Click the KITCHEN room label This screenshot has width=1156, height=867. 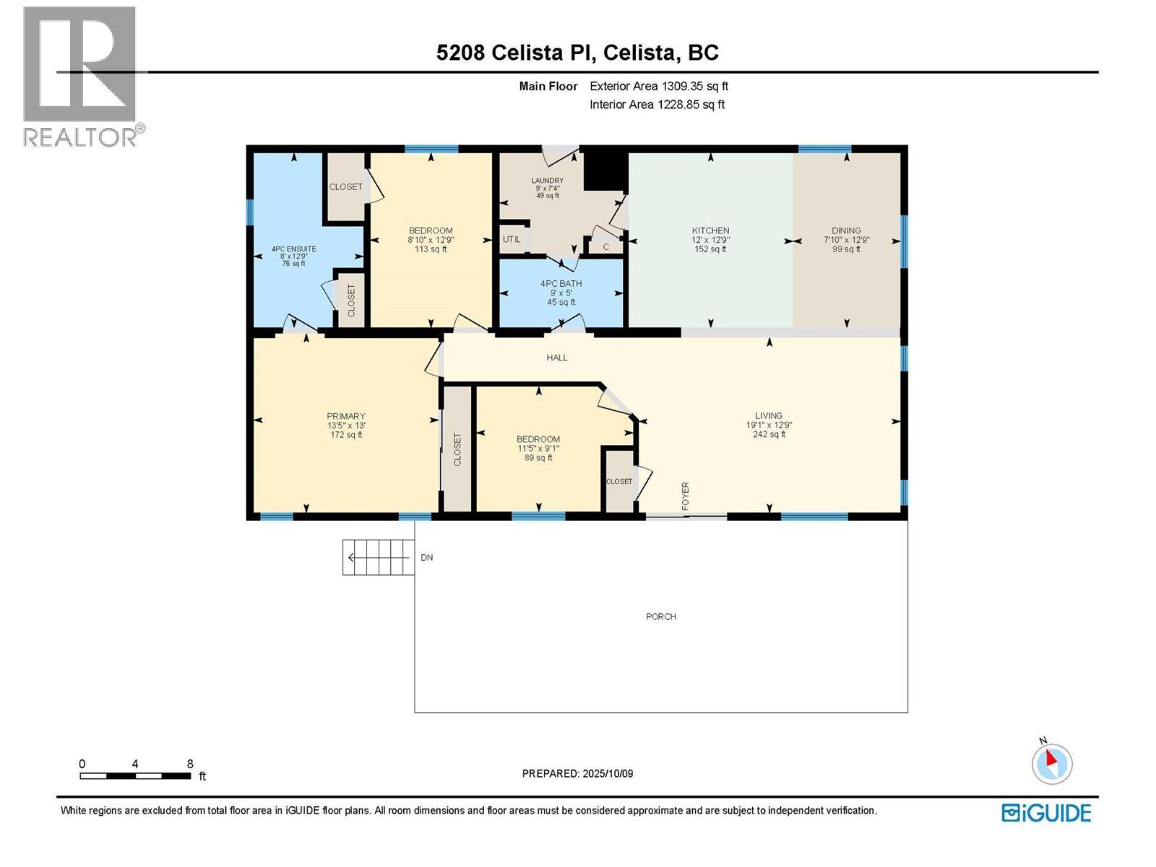point(710,231)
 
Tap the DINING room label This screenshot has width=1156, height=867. point(846,231)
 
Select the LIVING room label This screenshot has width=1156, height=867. point(769,415)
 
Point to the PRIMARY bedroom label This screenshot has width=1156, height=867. point(346,416)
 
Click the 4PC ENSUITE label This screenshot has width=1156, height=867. point(293,249)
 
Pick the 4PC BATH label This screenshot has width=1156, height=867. point(561,284)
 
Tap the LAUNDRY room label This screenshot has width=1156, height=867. point(547,181)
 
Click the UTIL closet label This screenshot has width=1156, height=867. point(512,239)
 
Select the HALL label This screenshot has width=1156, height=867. point(557,358)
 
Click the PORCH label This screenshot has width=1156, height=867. point(661,616)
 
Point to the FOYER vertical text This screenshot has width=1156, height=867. point(686,496)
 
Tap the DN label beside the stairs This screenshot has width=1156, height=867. point(427,558)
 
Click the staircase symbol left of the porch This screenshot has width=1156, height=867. point(378,557)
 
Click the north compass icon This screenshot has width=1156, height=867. point(1051,764)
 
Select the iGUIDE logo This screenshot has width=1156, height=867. point(1046,813)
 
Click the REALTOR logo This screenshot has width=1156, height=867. point(80,76)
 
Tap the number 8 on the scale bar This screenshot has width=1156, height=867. point(190,764)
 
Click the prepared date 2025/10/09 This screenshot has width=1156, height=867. point(607,773)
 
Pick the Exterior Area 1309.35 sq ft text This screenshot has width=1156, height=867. point(658,86)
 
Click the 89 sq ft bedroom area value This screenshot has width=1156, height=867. point(538,457)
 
